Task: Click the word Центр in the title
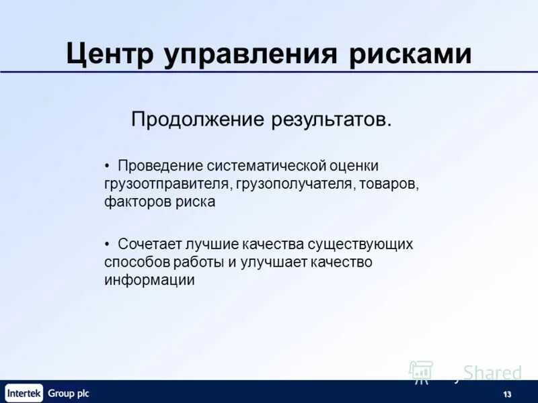coord(110,53)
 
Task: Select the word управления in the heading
coord(254,53)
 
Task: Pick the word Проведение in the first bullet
coord(160,165)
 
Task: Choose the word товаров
coord(389,183)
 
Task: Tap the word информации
coord(149,280)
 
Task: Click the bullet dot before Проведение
coord(108,165)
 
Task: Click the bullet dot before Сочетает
coord(108,244)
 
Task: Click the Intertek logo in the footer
coord(24,393)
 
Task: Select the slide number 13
coord(506,394)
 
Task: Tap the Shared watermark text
coord(492,373)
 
